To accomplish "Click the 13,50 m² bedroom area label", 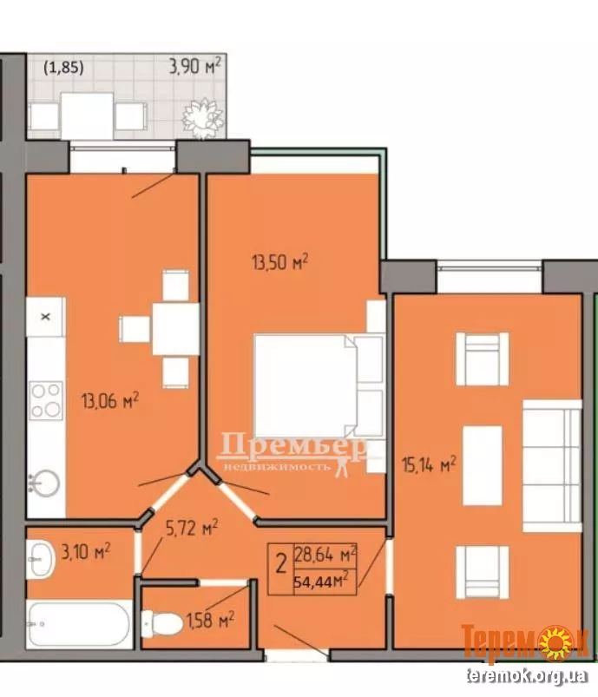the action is point(280,262).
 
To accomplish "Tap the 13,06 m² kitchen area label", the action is point(110,400).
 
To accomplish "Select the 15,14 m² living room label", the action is point(429,464).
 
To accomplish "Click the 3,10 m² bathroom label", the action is point(85,552).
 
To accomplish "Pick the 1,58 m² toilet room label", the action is point(211,620).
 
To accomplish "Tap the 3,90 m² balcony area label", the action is point(194,66).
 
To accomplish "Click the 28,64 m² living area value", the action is point(325,555).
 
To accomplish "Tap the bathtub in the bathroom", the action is point(79,624).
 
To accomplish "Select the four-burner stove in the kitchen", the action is point(46,400).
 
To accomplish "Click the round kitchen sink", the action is point(44,483).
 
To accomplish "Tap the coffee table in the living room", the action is point(483,465).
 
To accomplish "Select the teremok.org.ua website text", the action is point(527,675).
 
